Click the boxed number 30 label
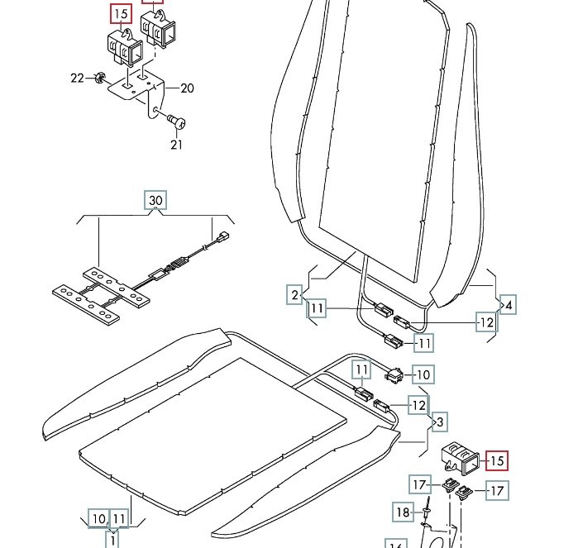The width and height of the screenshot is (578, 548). pos(155,200)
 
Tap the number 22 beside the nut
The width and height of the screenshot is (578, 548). pos(77,78)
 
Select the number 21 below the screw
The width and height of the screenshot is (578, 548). pos(176,145)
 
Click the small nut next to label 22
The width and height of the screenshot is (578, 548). pos(98,79)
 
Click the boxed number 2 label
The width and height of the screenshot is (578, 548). pos(294,295)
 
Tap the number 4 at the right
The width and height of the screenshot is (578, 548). pos(509,306)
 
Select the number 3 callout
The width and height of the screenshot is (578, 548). pos(440,422)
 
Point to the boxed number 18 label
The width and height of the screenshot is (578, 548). pos(402,512)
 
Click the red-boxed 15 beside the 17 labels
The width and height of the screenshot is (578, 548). pos(496,460)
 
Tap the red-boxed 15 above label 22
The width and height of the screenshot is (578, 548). pos(121,14)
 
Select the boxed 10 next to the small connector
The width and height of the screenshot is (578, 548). pos(422,375)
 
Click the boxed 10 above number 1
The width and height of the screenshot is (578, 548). pos(99,519)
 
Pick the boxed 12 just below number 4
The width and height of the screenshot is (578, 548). pos(486,322)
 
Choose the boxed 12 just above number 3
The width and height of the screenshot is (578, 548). pos(419,405)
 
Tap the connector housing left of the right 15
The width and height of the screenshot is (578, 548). pos(457,455)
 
